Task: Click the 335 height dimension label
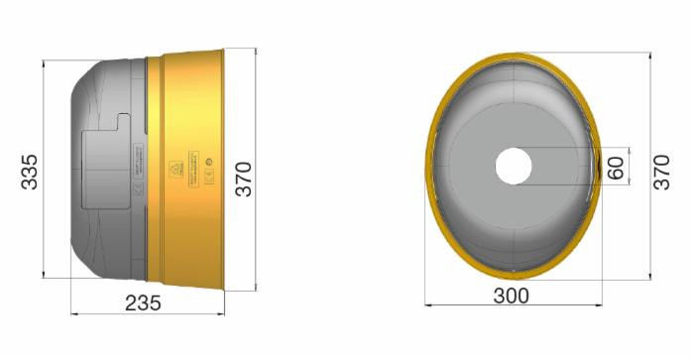(29, 172)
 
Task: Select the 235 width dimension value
(144, 303)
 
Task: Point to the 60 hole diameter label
(616, 167)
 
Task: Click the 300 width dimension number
(512, 296)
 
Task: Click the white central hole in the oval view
(514, 166)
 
